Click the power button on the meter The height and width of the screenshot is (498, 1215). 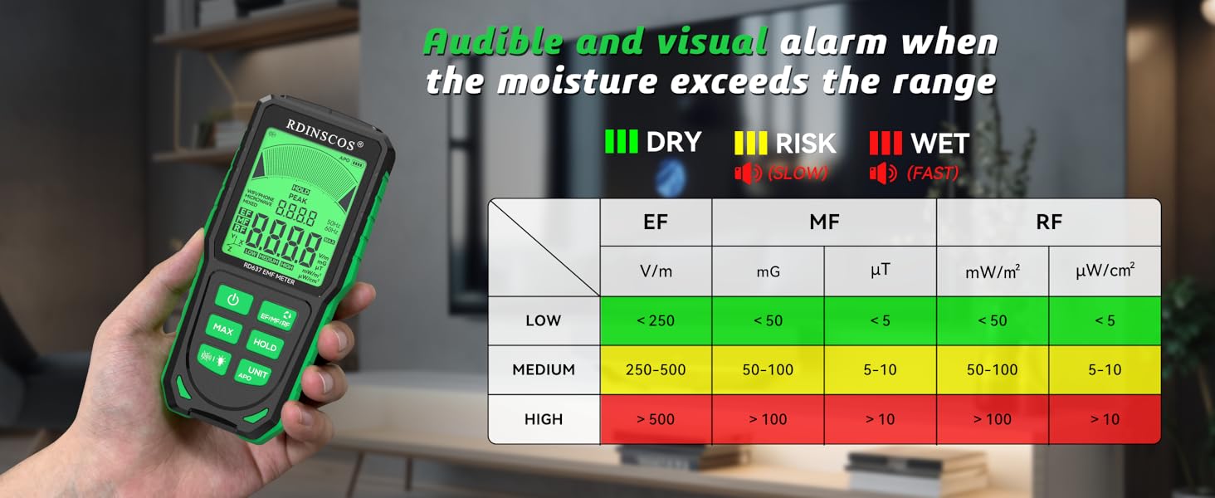click(233, 300)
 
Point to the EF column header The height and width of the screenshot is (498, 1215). click(656, 222)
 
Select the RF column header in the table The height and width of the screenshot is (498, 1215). click(1049, 222)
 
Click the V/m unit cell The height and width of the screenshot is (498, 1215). click(656, 271)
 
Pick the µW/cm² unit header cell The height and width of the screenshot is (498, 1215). click(1105, 271)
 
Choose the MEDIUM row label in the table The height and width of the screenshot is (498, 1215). click(544, 370)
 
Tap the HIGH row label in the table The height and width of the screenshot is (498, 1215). click(544, 419)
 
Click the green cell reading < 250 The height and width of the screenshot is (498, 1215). click(656, 320)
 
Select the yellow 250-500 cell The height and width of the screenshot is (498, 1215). click(656, 370)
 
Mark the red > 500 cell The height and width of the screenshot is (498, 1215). click(656, 419)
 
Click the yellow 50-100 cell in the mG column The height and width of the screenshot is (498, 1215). click(768, 370)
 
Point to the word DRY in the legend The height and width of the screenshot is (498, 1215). click(673, 142)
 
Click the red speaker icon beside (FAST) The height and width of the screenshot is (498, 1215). click(883, 173)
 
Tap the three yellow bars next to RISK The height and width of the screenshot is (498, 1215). click(750, 142)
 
